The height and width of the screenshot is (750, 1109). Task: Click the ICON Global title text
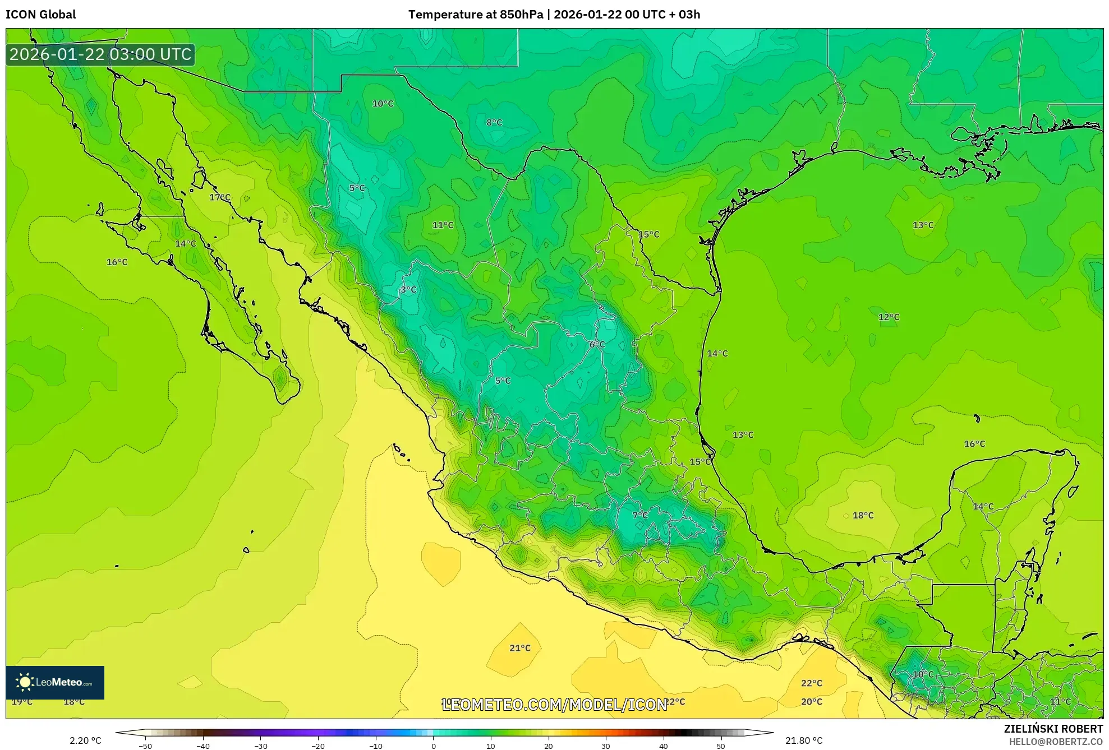tap(40, 15)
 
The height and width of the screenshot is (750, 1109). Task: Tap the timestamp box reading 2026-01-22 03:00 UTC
tap(100, 54)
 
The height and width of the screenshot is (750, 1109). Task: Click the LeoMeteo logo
tap(55, 682)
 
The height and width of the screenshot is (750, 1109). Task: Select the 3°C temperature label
tap(408, 290)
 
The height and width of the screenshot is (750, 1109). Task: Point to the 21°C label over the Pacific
tap(519, 648)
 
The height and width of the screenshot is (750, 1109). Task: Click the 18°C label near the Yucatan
tap(863, 515)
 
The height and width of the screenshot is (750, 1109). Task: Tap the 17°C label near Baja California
tap(220, 197)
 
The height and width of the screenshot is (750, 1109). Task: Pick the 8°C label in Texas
tap(494, 122)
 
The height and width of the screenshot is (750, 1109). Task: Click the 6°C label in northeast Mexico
tap(597, 344)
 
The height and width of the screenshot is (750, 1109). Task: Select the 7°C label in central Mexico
tap(639, 515)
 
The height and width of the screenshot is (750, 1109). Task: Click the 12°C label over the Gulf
tap(889, 317)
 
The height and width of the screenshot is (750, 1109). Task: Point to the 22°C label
tap(811, 683)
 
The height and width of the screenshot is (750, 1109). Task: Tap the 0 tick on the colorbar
tap(433, 746)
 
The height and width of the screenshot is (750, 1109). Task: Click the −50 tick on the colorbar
tap(145, 746)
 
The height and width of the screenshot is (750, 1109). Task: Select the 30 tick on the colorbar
tap(606, 746)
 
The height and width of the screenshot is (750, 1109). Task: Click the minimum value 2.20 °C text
tap(85, 740)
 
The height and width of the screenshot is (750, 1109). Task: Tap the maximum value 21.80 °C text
tap(804, 740)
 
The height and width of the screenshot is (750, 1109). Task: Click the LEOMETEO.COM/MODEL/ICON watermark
tap(554, 705)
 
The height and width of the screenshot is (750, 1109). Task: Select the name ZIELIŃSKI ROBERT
tap(1053, 729)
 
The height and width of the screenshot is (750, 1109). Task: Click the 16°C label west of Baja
tap(117, 262)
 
